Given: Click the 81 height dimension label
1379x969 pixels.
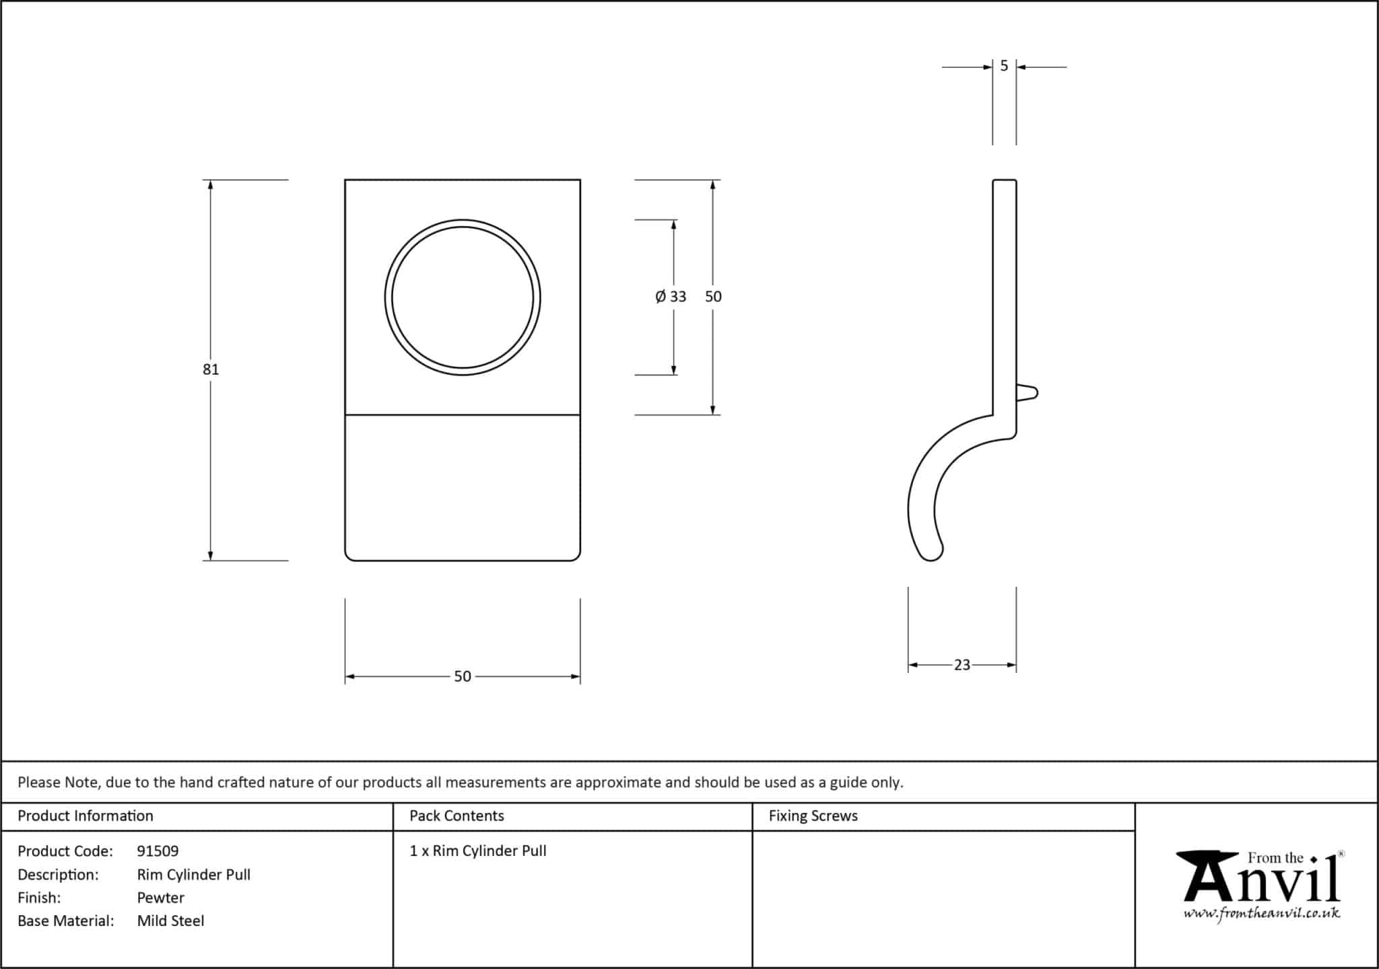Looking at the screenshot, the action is click(211, 369).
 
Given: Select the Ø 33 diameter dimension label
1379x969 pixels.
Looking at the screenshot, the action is click(671, 297).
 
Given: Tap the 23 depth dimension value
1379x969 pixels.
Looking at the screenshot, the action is click(962, 665).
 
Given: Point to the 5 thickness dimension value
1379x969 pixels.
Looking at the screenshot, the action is click(1004, 66).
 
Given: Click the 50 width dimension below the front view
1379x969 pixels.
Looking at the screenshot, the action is click(463, 676).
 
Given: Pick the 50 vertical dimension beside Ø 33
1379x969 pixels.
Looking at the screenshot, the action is click(713, 297).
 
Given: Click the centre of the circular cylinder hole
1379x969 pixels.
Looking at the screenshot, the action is click(463, 297).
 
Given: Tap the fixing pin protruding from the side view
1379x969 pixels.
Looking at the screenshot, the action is click(1027, 393).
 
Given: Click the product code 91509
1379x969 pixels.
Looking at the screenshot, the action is click(158, 851).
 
